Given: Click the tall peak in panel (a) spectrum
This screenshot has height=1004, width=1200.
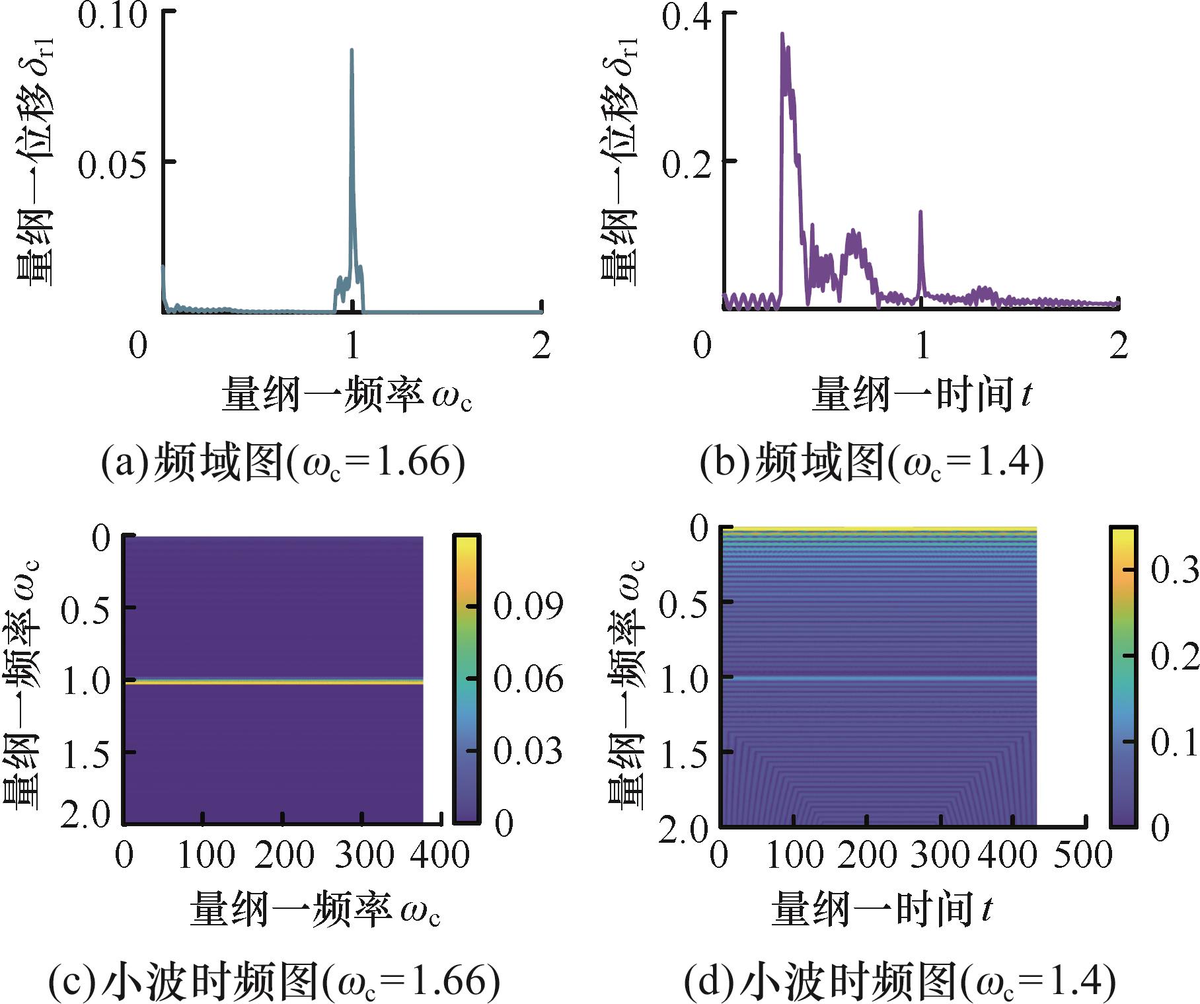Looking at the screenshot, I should (352, 53).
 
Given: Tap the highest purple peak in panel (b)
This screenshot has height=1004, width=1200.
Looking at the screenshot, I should (782, 36).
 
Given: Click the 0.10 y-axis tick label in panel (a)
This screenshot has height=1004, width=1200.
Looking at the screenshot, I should (112, 16).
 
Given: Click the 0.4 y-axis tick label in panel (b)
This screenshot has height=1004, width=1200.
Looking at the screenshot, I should (687, 16).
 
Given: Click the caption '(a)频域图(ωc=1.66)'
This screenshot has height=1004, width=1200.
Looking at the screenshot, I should (283, 462).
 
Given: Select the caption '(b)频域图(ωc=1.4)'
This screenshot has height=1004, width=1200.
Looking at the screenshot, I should (872, 462).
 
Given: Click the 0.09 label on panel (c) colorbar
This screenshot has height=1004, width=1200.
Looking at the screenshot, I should (529, 605).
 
